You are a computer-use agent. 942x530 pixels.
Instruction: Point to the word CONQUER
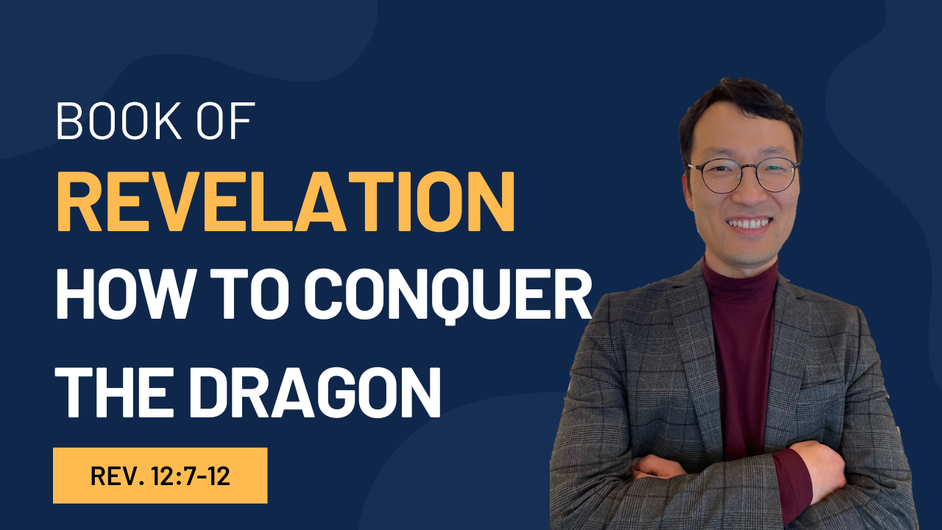pos(448,297)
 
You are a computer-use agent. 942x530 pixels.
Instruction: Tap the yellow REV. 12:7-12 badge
pos(160,476)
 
